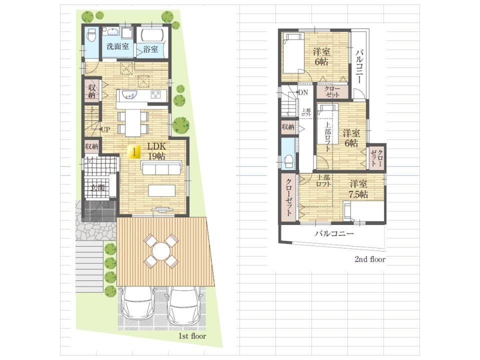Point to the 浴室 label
click(x=150, y=49)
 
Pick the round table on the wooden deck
click(x=161, y=250)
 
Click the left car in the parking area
click(x=138, y=305)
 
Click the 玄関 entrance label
click(x=98, y=188)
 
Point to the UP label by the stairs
click(x=105, y=129)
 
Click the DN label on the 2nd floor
click(x=303, y=92)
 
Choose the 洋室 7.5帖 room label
click(x=359, y=189)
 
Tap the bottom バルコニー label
click(x=334, y=233)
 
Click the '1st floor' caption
click(x=192, y=336)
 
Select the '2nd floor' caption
click(x=370, y=259)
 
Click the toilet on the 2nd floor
click(x=288, y=160)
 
